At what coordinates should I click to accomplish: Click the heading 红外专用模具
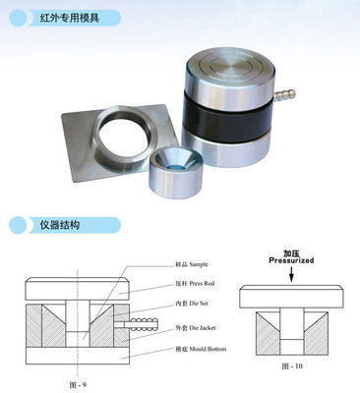coord(64,17)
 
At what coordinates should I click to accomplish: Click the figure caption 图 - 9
coord(82,381)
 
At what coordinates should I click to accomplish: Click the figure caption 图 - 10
coord(292,364)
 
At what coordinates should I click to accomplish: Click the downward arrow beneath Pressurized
coord(291,276)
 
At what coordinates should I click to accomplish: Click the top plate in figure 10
coord(291,294)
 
